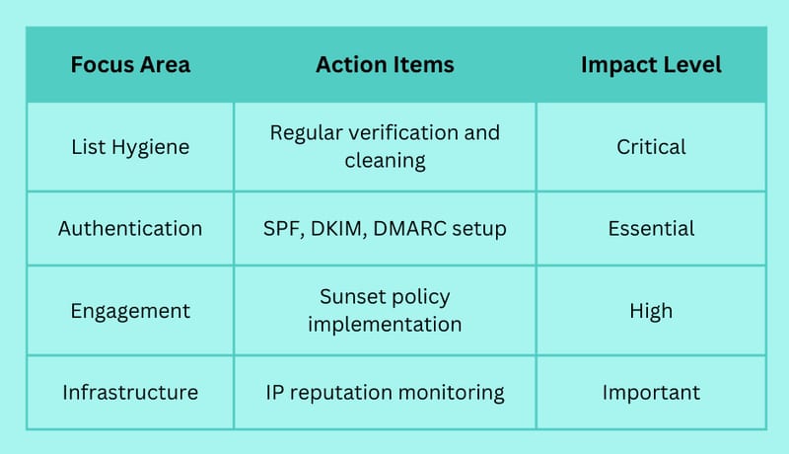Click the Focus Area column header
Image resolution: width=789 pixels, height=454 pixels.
130,64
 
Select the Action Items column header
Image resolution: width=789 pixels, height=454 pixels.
385,64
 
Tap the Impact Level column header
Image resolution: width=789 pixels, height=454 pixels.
651,65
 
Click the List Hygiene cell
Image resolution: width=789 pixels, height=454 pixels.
130,147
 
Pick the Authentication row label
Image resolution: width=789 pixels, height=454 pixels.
130,229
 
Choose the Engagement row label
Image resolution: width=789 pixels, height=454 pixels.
130,311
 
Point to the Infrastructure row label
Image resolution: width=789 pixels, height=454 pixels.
130,392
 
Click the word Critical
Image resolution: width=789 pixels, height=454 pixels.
651,147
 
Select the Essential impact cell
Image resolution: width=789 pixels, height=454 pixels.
651,229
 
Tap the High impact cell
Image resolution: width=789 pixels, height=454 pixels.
651,311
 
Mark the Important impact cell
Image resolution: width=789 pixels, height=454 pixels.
651,393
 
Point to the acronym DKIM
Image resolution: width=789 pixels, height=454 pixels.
338,229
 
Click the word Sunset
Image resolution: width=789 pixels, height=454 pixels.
351,296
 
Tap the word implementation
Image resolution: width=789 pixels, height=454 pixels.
385,325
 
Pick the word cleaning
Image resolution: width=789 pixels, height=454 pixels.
385,161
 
